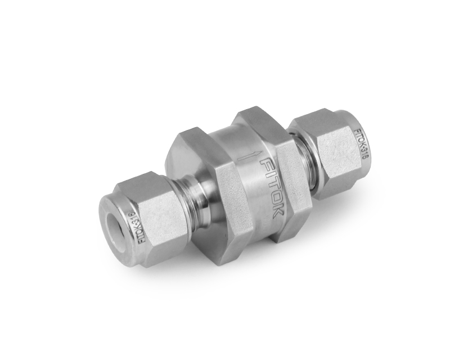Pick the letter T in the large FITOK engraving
pos(270,184)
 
